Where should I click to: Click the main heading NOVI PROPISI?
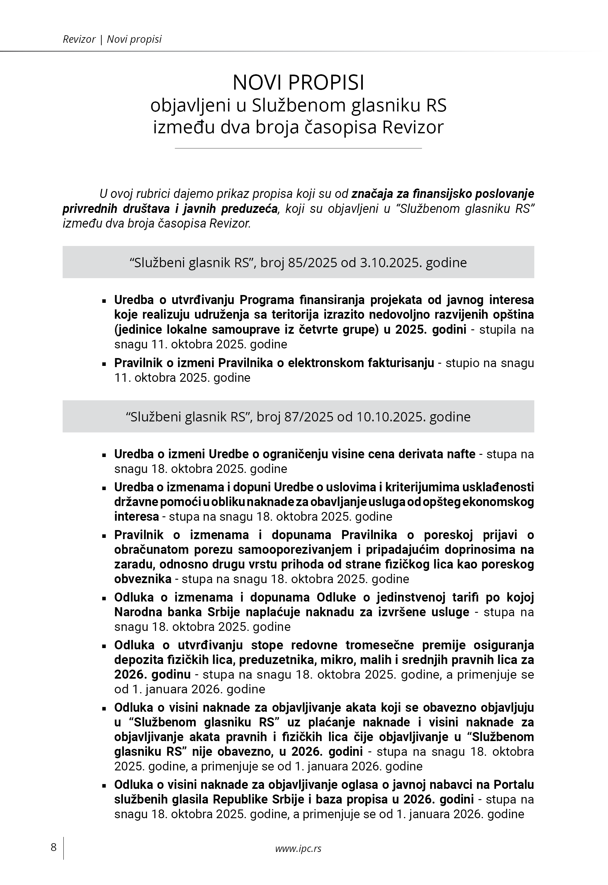coord(298,82)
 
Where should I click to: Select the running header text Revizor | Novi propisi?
coord(112,39)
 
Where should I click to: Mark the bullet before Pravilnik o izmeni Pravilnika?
coord(104,364)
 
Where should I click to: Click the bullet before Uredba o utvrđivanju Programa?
coord(104,301)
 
